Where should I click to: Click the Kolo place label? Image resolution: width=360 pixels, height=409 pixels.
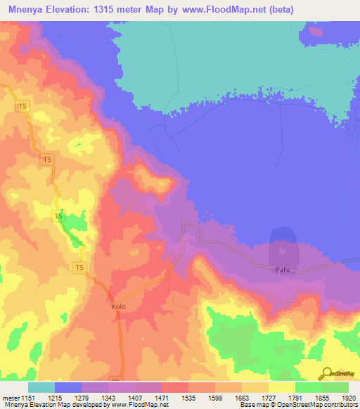[117, 307]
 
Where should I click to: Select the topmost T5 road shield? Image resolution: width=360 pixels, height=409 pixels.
[23, 106]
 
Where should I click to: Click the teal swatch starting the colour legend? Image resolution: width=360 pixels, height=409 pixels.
[41, 387]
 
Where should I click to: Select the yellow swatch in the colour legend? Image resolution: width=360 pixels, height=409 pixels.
[281, 387]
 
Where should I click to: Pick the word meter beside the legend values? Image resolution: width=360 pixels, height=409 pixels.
[11, 398]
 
